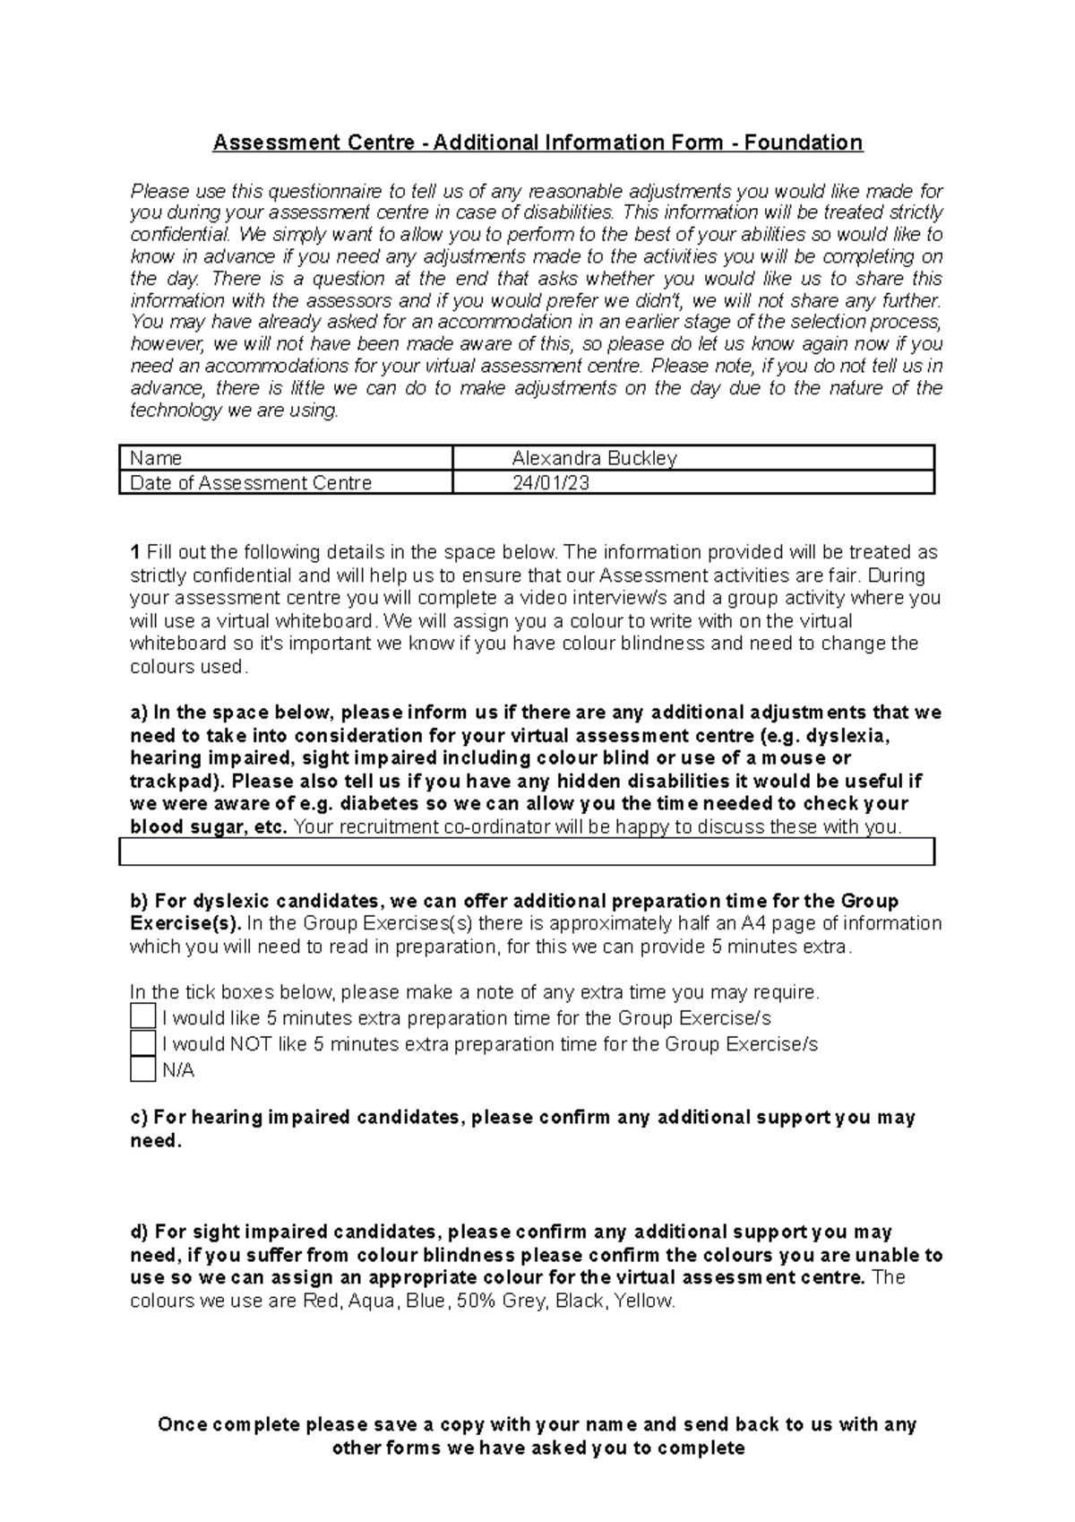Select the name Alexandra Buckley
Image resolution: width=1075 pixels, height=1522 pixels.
pos(594,458)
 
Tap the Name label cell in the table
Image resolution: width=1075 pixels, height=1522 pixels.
pos(156,458)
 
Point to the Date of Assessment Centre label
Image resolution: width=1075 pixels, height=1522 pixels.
pos(251,483)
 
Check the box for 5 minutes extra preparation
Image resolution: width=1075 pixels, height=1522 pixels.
pos(142,1016)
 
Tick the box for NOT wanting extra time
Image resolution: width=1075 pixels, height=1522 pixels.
pos(142,1043)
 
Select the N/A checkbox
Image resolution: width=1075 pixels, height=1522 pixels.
pos(142,1069)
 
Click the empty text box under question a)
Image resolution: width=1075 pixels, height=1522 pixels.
pos(527,852)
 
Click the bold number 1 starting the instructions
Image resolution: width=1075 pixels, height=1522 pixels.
pos(135,552)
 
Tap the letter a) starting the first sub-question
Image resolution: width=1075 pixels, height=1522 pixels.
pos(139,713)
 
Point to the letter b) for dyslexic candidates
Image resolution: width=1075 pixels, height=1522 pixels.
pos(139,901)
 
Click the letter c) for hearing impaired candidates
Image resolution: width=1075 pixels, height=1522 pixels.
pos(139,1118)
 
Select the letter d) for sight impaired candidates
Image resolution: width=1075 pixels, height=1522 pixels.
pos(139,1232)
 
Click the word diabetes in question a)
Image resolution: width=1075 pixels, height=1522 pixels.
pos(378,804)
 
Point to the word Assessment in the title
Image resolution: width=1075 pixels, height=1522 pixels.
pos(265,143)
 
